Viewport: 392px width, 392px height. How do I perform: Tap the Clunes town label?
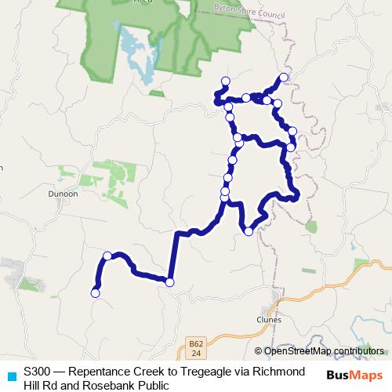[268, 319]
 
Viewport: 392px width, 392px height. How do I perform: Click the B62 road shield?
[196, 343]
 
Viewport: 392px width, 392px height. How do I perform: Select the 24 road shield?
[196, 354]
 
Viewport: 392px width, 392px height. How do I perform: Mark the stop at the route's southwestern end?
[96, 293]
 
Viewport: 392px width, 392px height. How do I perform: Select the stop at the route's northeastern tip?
[284, 78]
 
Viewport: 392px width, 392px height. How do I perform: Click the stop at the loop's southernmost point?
[249, 230]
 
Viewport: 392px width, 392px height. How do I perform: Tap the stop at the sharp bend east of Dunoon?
[169, 282]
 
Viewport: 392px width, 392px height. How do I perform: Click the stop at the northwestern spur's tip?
[226, 81]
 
